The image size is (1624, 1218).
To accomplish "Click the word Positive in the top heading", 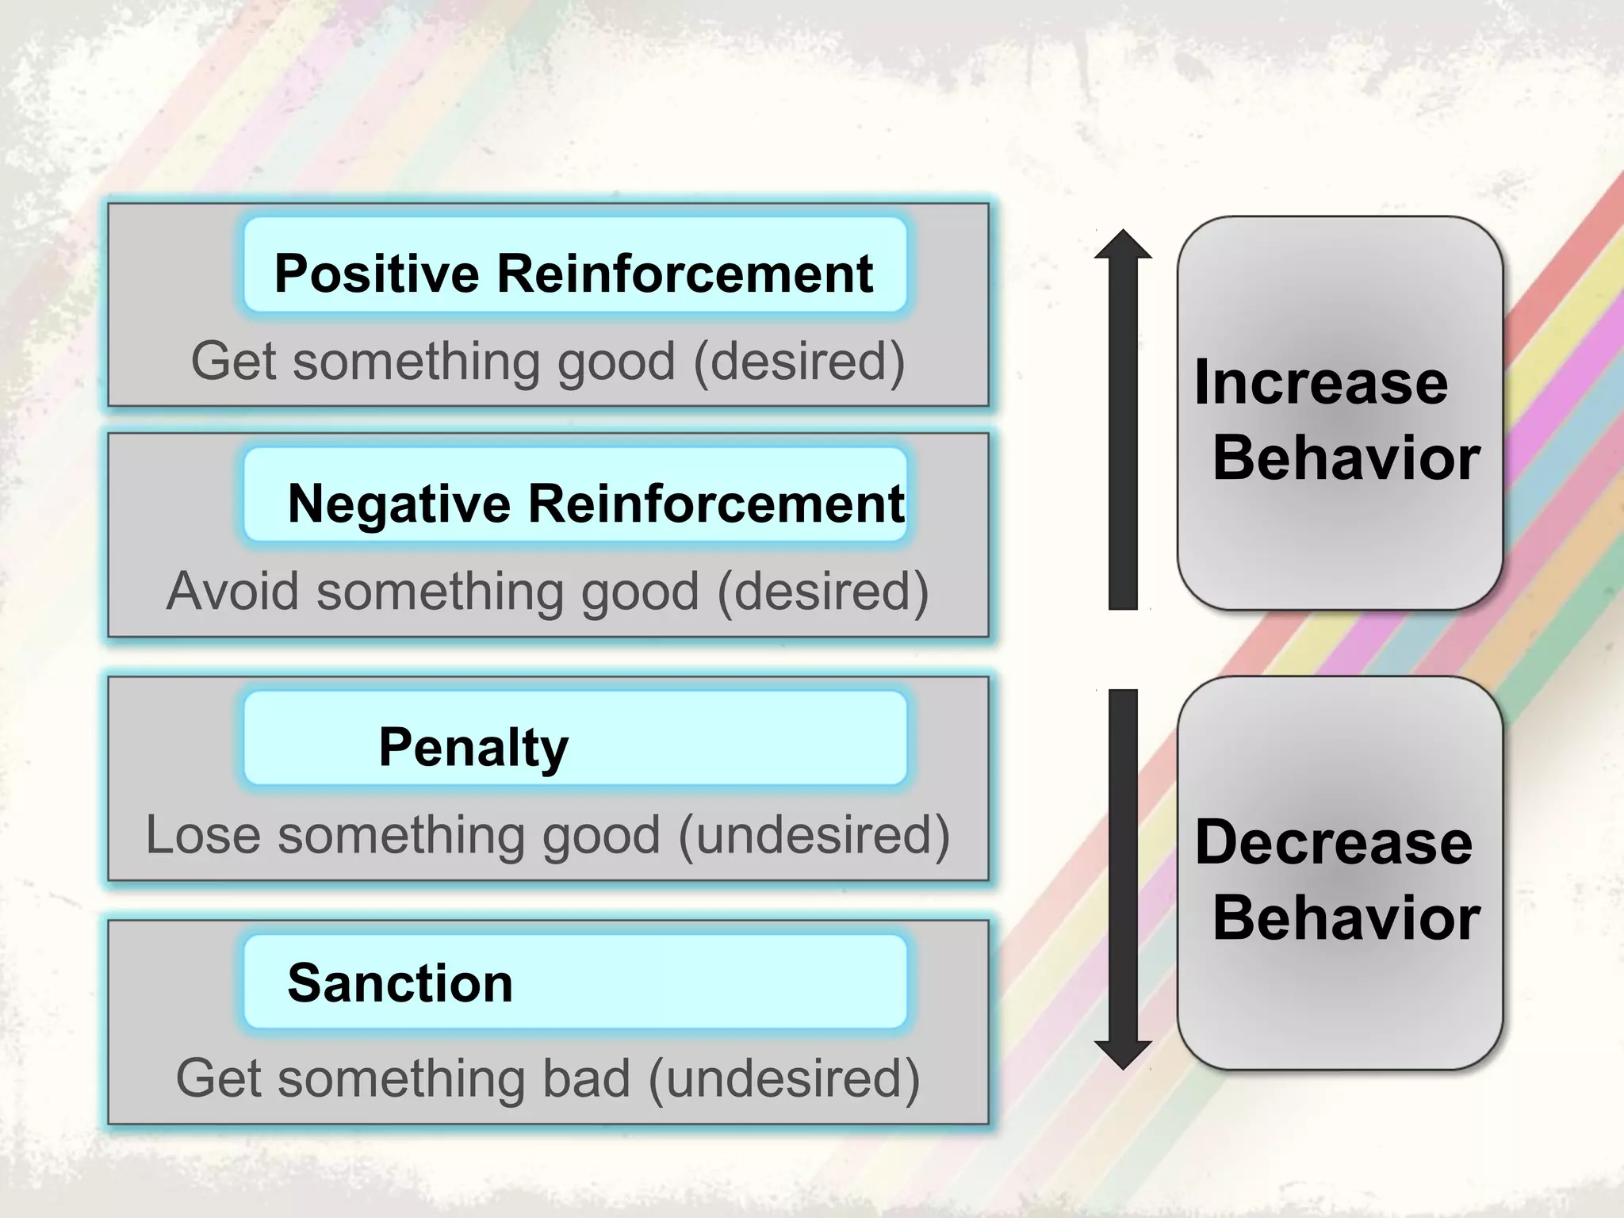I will pyautogui.click(x=377, y=274).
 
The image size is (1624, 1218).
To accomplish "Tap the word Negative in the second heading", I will pyautogui.click(x=399, y=504).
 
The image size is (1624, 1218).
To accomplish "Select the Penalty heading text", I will pyautogui.click(x=473, y=748).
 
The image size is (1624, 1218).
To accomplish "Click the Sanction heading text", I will pyautogui.click(x=400, y=983).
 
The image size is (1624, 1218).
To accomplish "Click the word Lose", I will pyautogui.click(x=203, y=835).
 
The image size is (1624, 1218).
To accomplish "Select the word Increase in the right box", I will pyautogui.click(x=1321, y=383).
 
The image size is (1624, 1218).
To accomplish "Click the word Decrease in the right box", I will pyautogui.click(x=1333, y=842).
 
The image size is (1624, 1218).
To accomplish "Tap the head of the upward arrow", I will pyautogui.click(x=1123, y=245).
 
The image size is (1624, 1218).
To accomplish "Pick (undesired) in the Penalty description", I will pyautogui.click(x=814, y=836).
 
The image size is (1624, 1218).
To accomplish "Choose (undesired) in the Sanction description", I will pyautogui.click(x=783, y=1079).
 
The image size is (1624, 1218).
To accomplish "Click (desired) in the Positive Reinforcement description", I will pyautogui.click(x=799, y=362).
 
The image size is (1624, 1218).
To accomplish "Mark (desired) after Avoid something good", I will pyautogui.click(x=822, y=592).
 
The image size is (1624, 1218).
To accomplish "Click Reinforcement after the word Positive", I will pyautogui.click(x=685, y=274).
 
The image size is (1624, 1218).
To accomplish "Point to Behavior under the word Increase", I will pyautogui.click(x=1346, y=458).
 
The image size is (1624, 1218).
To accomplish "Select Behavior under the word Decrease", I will pyautogui.click(x=1346, y=918).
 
